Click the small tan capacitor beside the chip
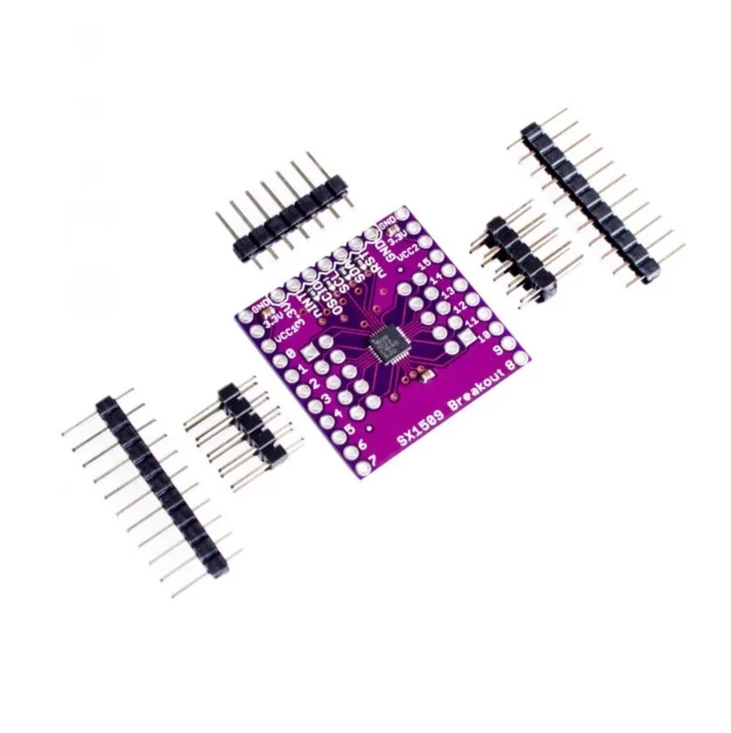[422, 375]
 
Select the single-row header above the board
[282, 214]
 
